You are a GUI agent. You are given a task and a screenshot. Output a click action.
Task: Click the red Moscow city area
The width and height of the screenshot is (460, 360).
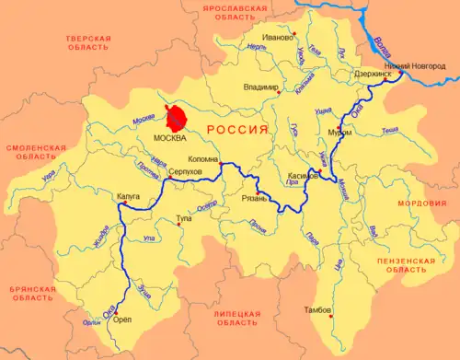[175, 119]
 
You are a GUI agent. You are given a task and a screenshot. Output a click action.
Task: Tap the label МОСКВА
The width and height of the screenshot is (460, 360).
[167, 138]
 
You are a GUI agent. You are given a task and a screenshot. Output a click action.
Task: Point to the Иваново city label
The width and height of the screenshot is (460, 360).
[277, 39]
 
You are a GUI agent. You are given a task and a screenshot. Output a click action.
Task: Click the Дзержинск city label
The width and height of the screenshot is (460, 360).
[373, 73]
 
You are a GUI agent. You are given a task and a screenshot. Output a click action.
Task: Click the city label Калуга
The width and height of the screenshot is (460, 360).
[128, 196]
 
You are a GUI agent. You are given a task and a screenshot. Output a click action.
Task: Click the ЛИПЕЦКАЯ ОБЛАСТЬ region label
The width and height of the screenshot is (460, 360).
[237, 318]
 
